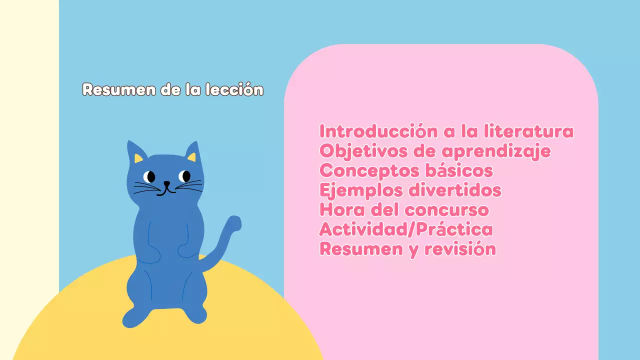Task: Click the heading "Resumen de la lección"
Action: pos(172,89)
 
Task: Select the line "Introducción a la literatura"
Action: pos(446,131)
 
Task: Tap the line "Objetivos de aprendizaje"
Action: pos(435,151)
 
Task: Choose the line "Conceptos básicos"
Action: pos(406,170)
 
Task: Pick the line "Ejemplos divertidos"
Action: pos(410,190)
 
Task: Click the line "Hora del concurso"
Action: pos(404,209)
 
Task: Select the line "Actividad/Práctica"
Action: pos(406,229)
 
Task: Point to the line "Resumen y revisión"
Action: pos(407,249)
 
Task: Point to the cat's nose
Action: pos(167,183)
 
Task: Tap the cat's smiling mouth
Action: pos(167,190)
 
